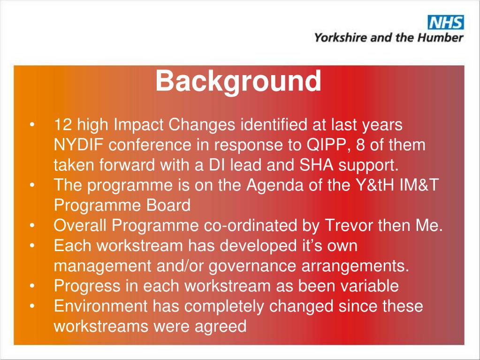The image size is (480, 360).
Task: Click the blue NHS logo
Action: point(445,22)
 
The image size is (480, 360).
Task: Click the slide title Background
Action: point(238,81)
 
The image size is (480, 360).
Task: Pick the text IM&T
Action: point(420,185)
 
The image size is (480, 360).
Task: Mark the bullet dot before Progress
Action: point(32,286)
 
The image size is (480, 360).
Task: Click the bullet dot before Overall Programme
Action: point(32,226)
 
